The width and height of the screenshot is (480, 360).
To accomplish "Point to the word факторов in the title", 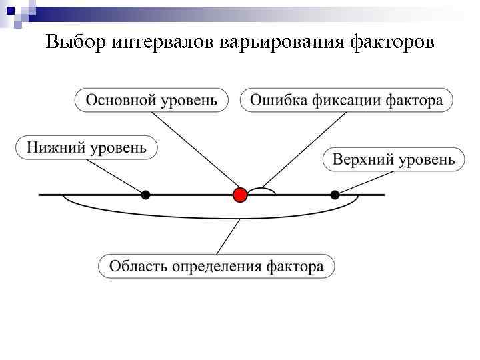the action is pyautogui.click(x=393, y=43).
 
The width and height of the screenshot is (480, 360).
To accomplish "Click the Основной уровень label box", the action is pyautogui.click(x=151, y=101).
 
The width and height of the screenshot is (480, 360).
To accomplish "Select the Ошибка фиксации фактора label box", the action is pyautogui.click(x=346, y=101).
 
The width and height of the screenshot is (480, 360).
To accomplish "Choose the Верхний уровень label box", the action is pyautogui.click(x=393, y=160).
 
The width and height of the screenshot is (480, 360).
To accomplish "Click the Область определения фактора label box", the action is pyautogui.click(x=217, y=266).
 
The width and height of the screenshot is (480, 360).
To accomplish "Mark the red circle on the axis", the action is pyautogui.click(x=240, y=195).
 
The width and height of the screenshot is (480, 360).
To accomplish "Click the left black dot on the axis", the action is pyautogui.click(x=145, y=195).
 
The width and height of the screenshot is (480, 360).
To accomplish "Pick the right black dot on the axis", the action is pyautogui.click(x=335, y=195).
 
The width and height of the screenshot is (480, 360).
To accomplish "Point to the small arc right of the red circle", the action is pyautogui.click(x=261, y=189).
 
